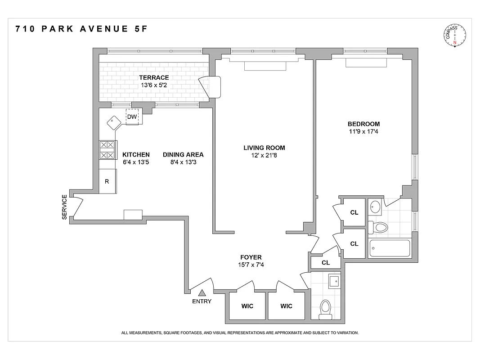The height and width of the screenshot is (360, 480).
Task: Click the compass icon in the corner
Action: pos(455,36)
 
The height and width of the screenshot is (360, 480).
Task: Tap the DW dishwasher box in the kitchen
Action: pos(132,117)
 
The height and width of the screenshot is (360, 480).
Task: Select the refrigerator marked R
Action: pos(107,181)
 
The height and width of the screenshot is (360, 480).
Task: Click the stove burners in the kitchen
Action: pos(107,150)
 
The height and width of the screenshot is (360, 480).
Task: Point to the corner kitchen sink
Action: pos(112,122)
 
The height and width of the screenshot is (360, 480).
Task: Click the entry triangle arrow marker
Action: pos(202,293)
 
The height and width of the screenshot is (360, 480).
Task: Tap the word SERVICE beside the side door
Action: pos(64,207)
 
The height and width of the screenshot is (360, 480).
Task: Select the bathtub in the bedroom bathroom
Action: pos(390,248)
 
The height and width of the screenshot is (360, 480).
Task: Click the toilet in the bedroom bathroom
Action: pos(379,227)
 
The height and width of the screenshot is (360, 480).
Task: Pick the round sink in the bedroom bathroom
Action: pos(376,207)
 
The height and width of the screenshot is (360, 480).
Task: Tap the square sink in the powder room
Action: pos(335,281)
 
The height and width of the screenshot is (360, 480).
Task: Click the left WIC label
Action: pos(247,306)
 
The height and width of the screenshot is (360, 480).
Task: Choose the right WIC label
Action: pos(286,306)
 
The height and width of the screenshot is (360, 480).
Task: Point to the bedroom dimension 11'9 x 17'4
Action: pos(363,132)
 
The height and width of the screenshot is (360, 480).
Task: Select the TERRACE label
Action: pos(154,77)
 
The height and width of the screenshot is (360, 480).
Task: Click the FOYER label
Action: pos(251,257)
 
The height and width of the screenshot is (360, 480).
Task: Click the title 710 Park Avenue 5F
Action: pos(81,29)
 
